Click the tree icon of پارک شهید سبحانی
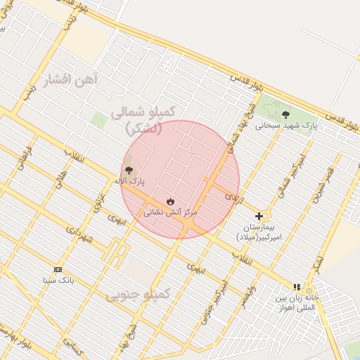(x=285, y=114)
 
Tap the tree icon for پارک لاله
(x=129, y=169)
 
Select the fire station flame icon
(x=170, y=201)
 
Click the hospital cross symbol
(x=259, y=216)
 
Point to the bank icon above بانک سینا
(x=58, y=269)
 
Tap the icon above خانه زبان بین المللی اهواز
(x=297, y=287)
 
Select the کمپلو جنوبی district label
(x=139, y=295)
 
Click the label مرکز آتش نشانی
(x=170, y=212)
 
